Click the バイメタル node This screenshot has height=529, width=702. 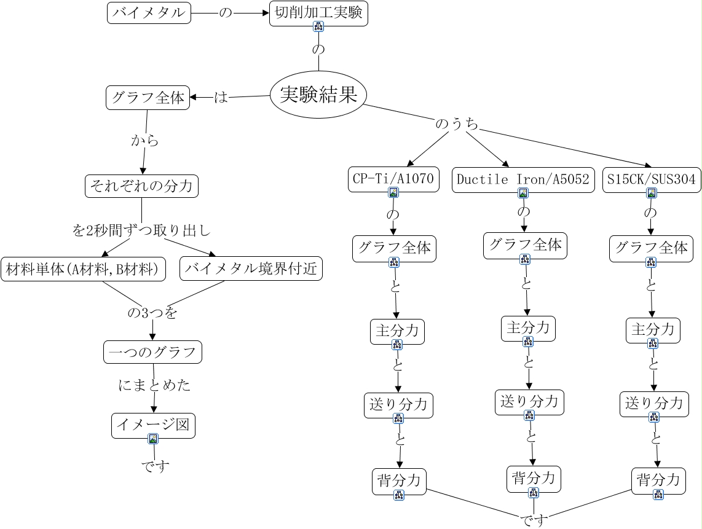point(149,13)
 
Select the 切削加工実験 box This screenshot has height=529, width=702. point(318,13)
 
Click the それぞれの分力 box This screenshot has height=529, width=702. point(141,185)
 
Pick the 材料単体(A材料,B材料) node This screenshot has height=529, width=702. point(84,268)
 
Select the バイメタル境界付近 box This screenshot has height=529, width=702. point(252,268)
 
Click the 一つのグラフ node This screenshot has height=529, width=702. point(152,352)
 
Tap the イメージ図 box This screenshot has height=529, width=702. point(153,425)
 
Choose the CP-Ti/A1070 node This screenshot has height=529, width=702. point(393,179)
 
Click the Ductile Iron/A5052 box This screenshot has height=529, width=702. point(523,179)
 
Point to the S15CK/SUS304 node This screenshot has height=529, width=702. point(651,179)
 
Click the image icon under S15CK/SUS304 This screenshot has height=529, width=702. point(652,193)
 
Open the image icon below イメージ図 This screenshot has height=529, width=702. point(153,439)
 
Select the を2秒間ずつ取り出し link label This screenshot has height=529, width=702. point(141,231)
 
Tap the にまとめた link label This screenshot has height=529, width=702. point(154,385)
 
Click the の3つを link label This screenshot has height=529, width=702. point(152,313)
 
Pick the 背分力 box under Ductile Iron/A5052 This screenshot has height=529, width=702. point(534,478)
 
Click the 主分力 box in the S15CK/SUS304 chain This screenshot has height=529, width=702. point(653,329)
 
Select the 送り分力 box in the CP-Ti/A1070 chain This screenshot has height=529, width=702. point(398,404)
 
